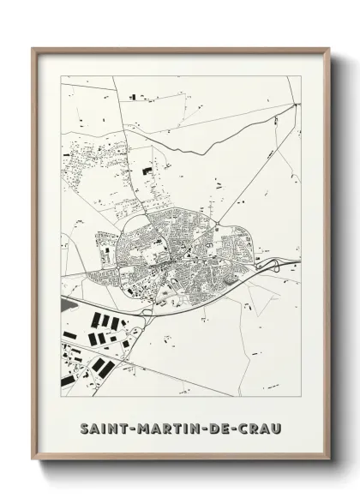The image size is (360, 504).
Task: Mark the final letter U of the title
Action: (x=279, y=425)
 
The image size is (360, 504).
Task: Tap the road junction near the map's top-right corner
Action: (x=295, y=104)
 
